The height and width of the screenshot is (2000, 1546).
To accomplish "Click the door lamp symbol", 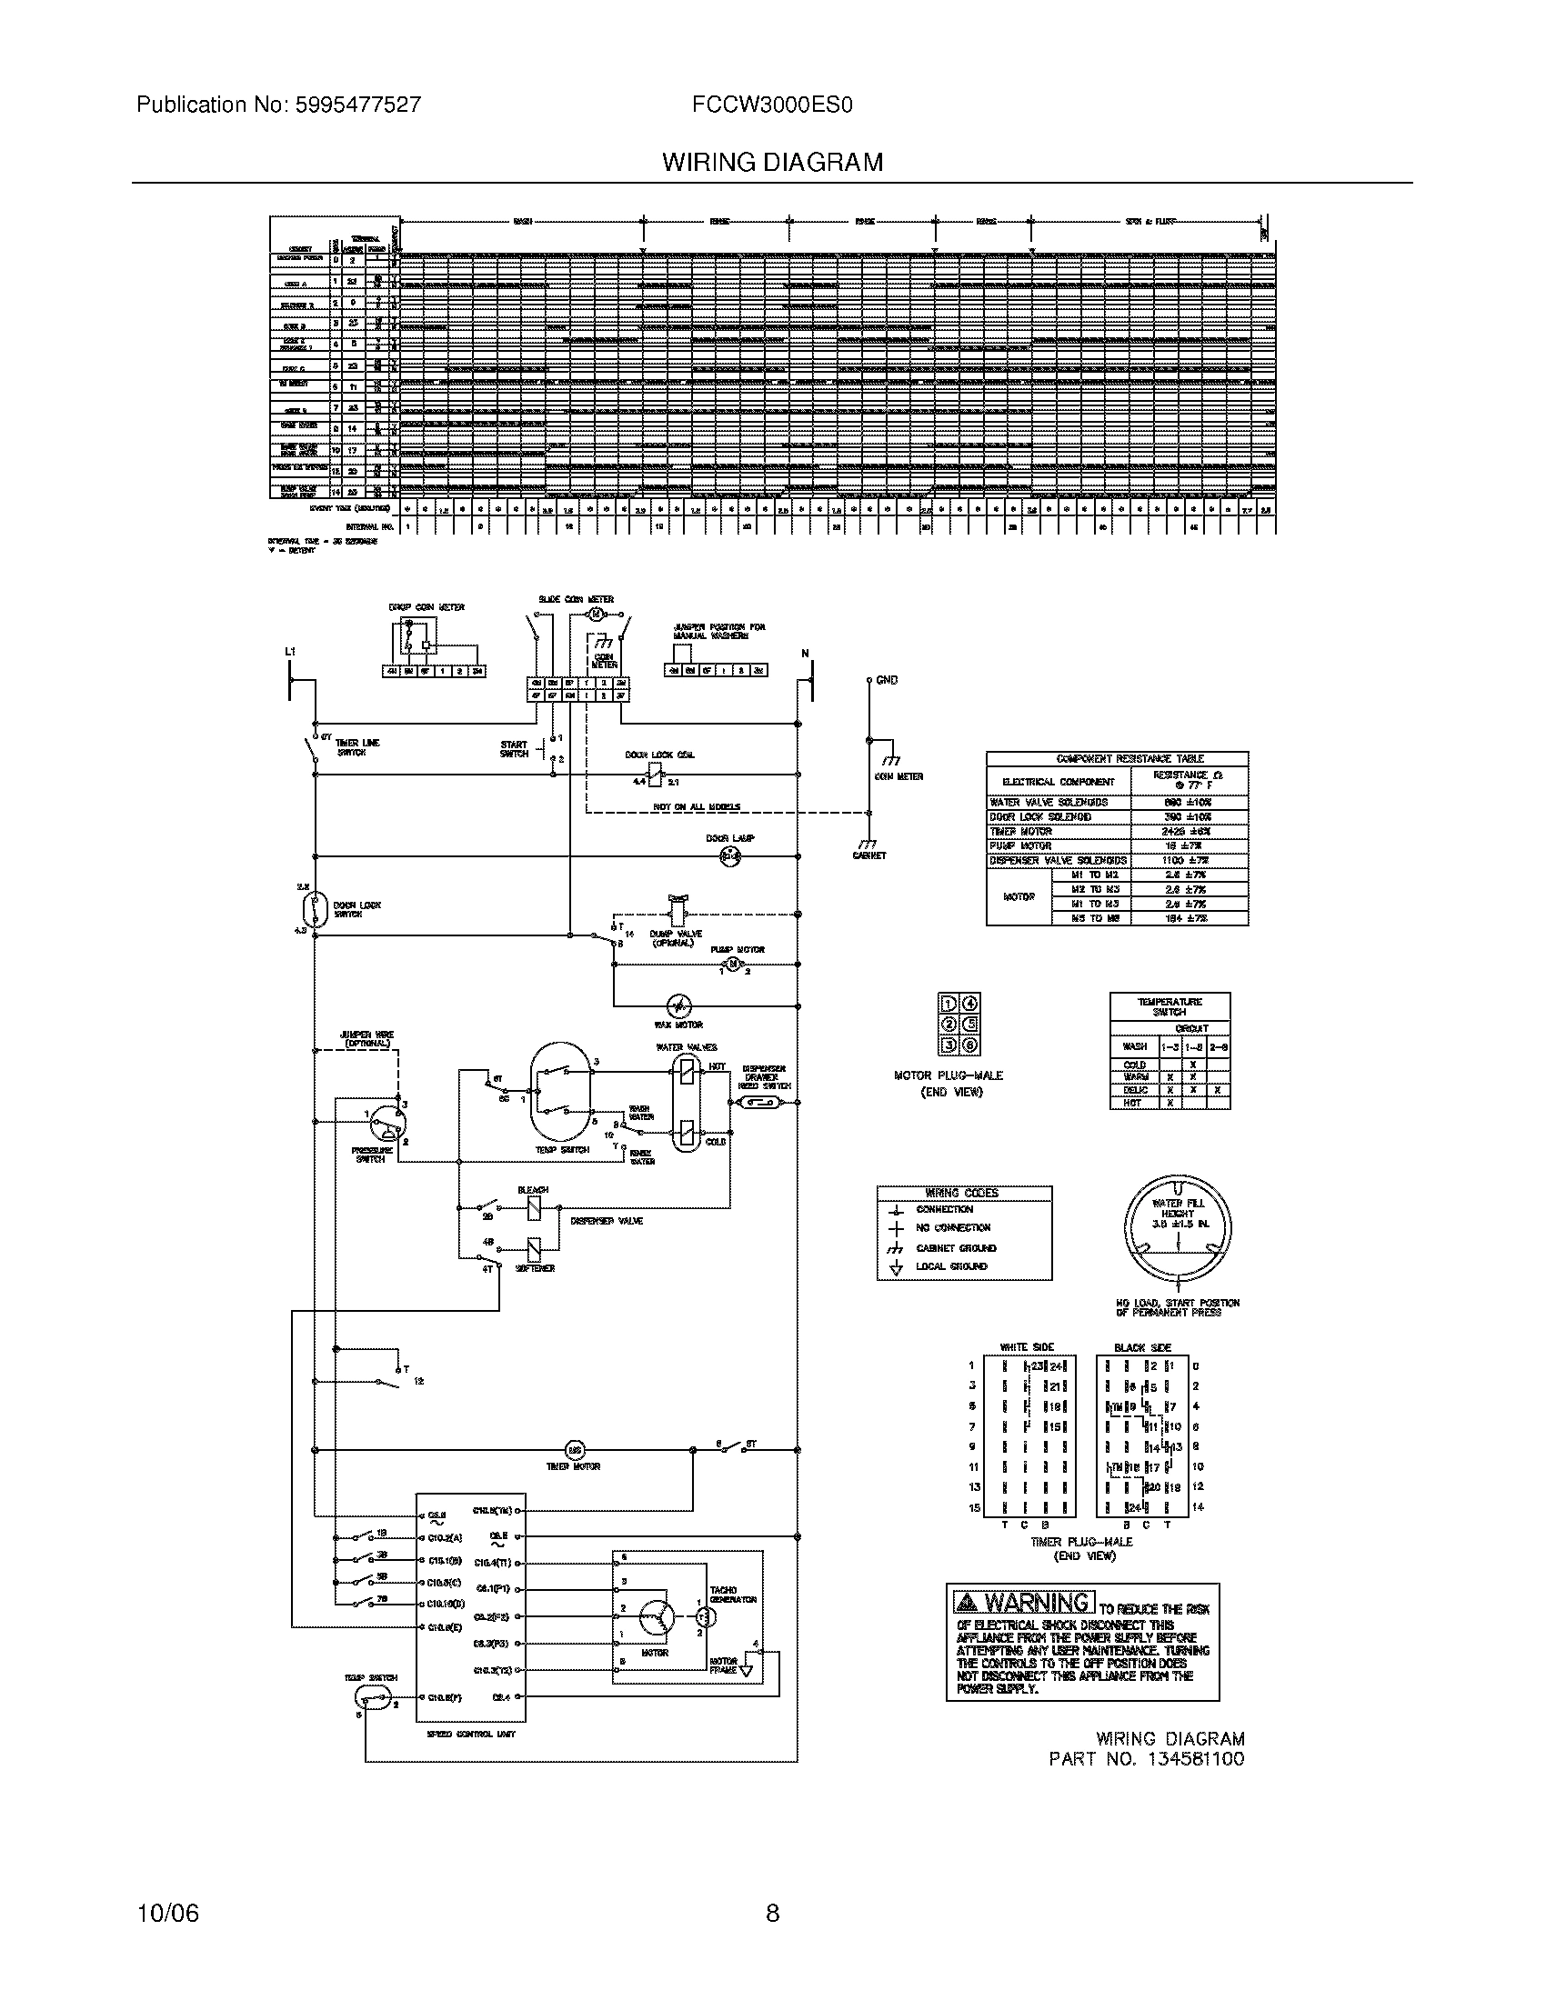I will (730, 857).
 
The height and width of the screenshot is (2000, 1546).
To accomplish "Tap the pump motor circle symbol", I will (731, 965).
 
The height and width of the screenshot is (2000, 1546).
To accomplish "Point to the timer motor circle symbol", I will (575, 1450).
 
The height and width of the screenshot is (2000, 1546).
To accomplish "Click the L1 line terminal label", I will (290, 652).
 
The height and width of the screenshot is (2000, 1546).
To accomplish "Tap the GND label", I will (887, 680).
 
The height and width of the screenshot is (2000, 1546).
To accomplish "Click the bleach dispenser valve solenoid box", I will (534, 1210).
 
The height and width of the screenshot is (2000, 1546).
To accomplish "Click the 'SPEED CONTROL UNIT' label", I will (471, 1734).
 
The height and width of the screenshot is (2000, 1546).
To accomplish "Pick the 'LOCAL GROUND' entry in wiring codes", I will (951, 1266).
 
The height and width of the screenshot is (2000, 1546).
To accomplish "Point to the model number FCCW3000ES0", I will (772, 105).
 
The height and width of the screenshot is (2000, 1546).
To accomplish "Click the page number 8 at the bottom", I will (772, 1913).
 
